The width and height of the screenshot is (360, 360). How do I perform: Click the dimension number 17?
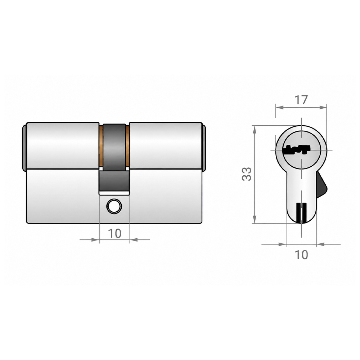pos(301,100)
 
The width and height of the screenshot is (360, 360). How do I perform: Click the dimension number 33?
pos(247,174)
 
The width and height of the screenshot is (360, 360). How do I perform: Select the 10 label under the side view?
pos(114,234)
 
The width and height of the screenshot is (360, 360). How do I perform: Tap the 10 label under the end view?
pos(301,255)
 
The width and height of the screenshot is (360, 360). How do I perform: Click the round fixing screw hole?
pos(114,206)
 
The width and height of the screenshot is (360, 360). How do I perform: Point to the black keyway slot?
pos(298,149)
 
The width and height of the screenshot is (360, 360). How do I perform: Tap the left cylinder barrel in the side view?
pos(63,146)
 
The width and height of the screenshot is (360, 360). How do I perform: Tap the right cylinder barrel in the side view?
pos(166,146)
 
